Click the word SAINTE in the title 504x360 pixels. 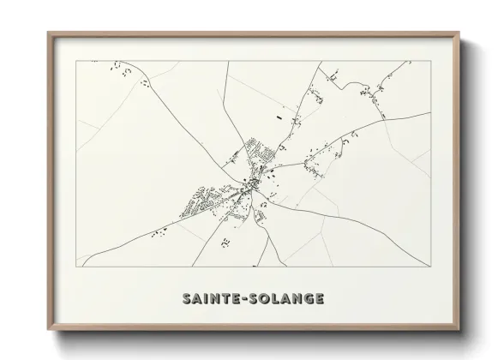pyautogui.click(x=209, y=299)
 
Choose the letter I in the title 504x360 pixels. pyautogui.click(x=203, y=299)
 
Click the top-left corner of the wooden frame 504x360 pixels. pyautogui.click(x=47, y=33)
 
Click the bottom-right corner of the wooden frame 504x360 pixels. pyautogui.click(x=459, y=326)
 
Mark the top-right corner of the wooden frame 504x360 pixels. pyautogui.click(x=459, y=33)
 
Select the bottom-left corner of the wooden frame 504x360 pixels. pyautogui.click(x=47, y=326)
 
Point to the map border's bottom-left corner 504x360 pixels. pyautogui.click(x=78, y=267)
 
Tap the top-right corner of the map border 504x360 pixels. pyautogui.click(x=428, y=61)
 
